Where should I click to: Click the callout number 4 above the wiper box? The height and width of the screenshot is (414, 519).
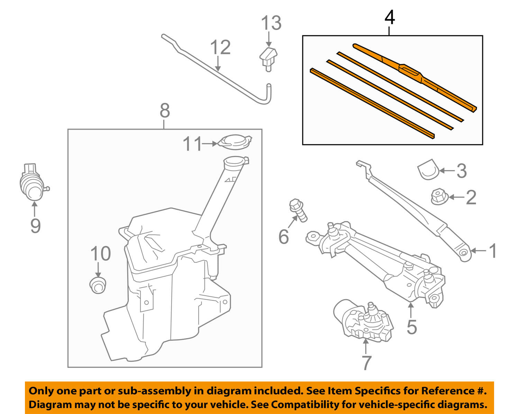click(x=390, y=18)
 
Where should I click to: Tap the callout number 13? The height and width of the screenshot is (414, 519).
click(x=271, y=24)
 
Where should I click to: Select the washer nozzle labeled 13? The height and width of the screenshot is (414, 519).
click(x=268, y=57)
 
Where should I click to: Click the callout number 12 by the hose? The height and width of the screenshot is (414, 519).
click(x=220, y=48)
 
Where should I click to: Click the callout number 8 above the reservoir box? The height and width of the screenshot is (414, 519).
click(x=165, y=111)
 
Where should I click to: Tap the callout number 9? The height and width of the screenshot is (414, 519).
click(x=35, y=226)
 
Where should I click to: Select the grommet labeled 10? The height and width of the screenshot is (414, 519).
click(x=98, y=285)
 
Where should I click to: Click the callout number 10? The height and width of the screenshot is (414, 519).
click(x=100, y=254)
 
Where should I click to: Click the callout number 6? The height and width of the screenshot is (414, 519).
click(x=283, y=237)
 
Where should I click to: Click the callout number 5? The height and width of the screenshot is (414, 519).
click(x=411, y=327)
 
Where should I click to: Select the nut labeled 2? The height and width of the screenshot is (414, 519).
click(x=439, y=197)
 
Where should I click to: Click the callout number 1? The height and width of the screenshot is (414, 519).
click(x=493, y=251)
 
